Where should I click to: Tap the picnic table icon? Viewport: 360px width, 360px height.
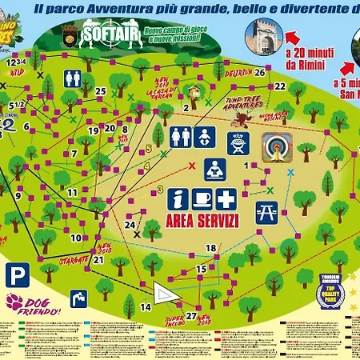pyautogui.click(x=266, y=211)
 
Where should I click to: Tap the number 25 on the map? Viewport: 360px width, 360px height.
pyautogui.click(x=100, y=91)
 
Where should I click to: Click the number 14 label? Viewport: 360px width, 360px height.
pyautogui.click(x=146, y=306)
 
